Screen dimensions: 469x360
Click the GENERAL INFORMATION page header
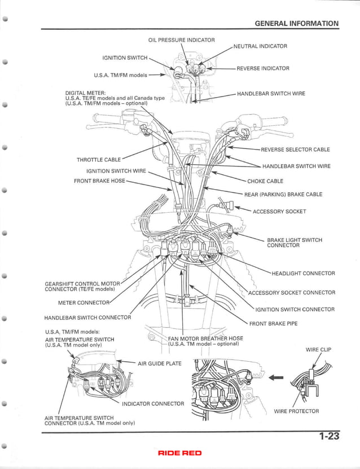point(296,24)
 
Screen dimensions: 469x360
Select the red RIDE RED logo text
point(179,453)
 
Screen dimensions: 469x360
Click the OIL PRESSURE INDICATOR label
point(181,40)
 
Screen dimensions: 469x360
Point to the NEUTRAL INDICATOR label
point(260,46)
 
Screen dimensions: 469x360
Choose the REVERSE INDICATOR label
point(262,68)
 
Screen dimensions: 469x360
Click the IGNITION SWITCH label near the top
point(125,58)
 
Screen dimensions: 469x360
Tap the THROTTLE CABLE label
point(98,160)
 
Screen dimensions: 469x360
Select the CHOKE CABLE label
point(265,181)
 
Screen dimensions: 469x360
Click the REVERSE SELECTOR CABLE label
point(295,150)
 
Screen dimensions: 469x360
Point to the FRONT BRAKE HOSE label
point(100,181)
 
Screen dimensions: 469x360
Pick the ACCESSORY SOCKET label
point(279,212)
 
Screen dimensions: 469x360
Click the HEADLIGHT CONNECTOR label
point(303,274)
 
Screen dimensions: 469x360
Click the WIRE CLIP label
point(318,349)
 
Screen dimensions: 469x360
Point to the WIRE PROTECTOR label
point(296,411)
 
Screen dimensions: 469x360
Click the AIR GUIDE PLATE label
point(160,363)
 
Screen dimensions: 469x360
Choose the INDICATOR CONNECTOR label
point(153,404)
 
